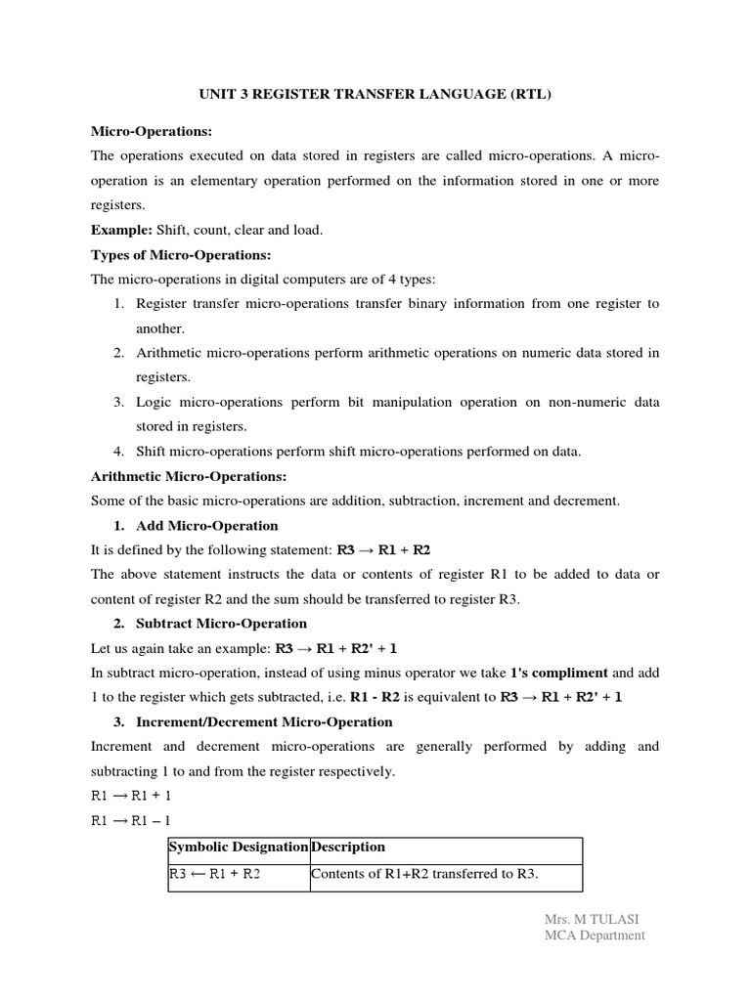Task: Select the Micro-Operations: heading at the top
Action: point(151,131)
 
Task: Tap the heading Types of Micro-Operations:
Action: point(181,254)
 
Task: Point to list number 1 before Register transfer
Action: point(118,304)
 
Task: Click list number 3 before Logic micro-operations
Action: point(118,402)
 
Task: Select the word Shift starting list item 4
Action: point(153,451)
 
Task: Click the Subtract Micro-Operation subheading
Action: point(221,623)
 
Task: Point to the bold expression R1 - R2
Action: point(403,697)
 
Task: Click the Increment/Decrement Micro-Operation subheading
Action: point(264,721)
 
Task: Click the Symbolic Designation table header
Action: point(239,847)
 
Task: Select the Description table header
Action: point(347,847)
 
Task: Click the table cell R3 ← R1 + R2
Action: point(215,874)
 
